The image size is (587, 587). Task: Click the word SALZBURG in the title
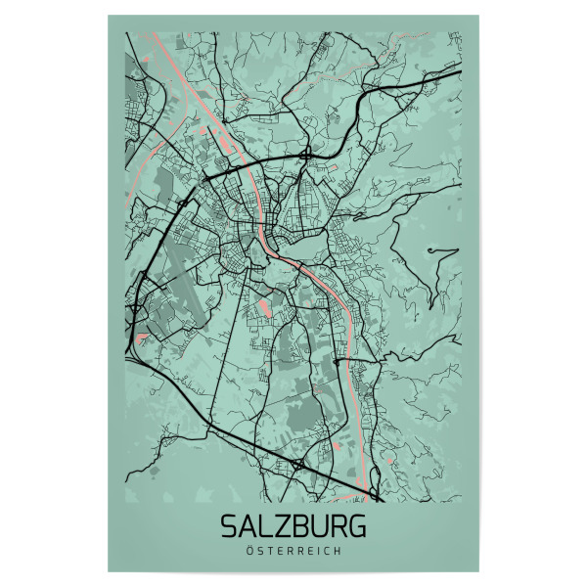pos(293,526)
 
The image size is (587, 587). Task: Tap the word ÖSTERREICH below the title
pos(293,551)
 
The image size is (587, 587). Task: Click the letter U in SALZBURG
pos(319,526)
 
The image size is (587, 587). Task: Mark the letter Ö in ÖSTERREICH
pos(252,551)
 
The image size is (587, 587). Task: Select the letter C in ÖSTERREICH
pos(326,551)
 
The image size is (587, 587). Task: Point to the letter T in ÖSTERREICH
pos(270,551)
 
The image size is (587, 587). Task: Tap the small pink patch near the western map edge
pos(143,338)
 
